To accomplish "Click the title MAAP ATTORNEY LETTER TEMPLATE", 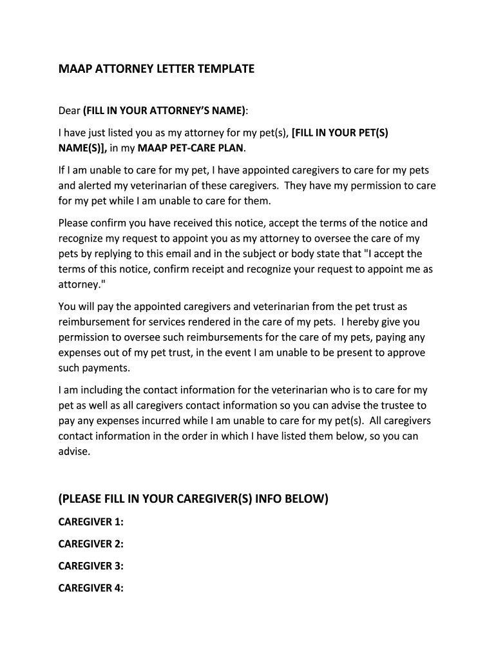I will pos(157,68).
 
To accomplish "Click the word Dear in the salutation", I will pos(69,111).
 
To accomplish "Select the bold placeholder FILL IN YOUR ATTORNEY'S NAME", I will pos(164,111).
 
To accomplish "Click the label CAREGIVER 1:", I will pos(91,521).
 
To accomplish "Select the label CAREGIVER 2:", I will pos(91,544).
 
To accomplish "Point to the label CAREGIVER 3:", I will pos(91,566).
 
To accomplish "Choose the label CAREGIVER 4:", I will pos(91,588).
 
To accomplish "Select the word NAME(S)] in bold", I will pos(82,149).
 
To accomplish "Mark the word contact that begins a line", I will pos(77,436).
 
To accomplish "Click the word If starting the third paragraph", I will pos(62,170).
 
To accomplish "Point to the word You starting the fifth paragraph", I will pos(67,306).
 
